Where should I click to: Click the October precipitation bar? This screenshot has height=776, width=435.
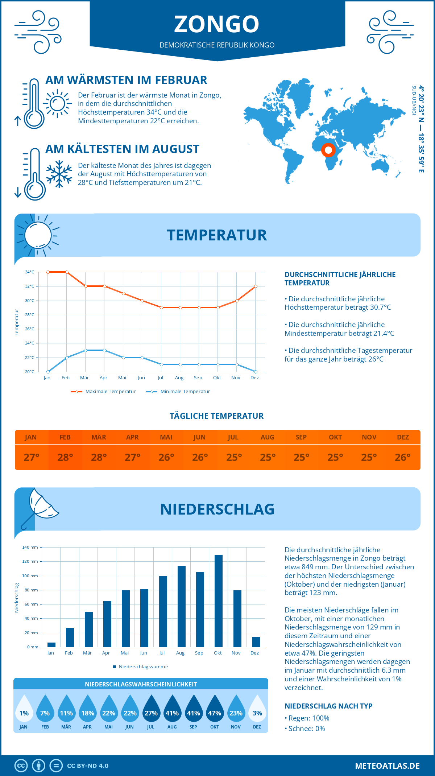(218, 601)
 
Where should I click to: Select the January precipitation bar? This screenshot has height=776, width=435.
(51, 644)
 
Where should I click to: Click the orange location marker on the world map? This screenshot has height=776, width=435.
(328, 150)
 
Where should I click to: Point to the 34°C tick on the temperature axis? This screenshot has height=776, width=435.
(30, 272)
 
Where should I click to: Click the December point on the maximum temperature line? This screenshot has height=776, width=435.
(256, 286)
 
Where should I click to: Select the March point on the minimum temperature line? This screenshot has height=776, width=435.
(86, 350)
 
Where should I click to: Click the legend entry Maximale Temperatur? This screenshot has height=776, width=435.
(104, 392)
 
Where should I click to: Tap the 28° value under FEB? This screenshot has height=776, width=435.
(65, 457)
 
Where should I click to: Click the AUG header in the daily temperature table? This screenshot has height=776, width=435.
(267, 437)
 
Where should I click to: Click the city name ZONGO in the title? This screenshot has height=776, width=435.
(217, 24)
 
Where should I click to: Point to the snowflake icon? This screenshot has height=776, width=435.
(59, 174)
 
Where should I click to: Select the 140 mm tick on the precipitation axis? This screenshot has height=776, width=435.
(30, 547)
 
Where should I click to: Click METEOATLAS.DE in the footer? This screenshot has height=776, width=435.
(387, 766)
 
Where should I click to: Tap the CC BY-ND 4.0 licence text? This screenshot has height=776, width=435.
(88, 766)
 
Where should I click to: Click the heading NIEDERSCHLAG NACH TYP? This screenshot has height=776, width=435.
(328, 706)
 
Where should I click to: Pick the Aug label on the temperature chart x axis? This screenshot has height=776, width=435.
(179, 377)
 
